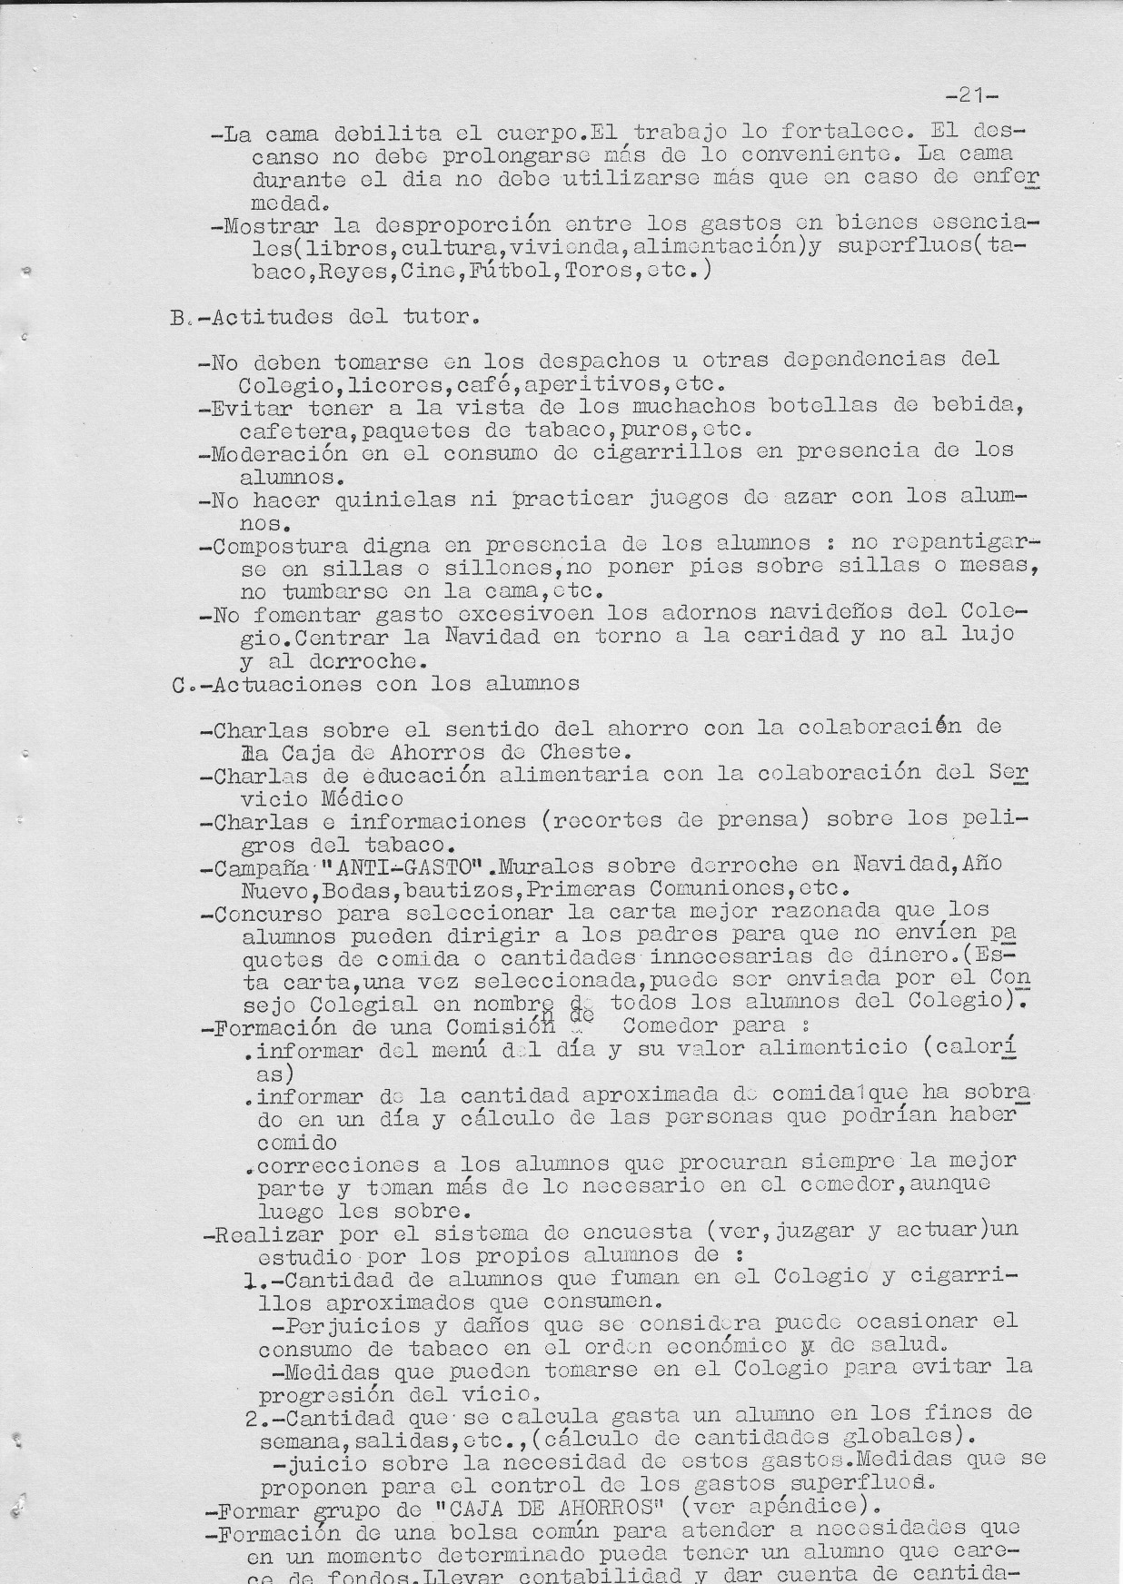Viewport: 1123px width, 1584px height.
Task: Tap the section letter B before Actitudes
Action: pos(176,318)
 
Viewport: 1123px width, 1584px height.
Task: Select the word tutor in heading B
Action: pos(434,318)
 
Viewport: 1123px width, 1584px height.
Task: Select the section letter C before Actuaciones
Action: pos(179,683)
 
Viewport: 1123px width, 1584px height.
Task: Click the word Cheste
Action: pos(583,752)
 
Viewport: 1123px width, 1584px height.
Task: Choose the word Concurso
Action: pos(268,912)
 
